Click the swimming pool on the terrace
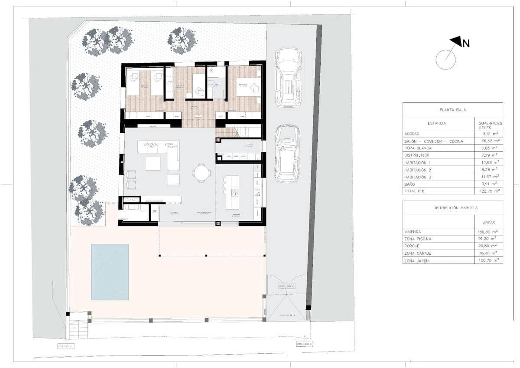pos(110,272)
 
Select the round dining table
pos(202,173)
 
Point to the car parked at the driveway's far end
pos(288,77)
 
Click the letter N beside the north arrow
pos(466,43)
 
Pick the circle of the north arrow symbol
pos(445,59)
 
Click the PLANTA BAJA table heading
pos(452,110)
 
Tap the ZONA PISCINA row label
pos(417,239)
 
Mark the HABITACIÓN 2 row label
pos(420,170)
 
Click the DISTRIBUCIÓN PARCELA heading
pos(452,208)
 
